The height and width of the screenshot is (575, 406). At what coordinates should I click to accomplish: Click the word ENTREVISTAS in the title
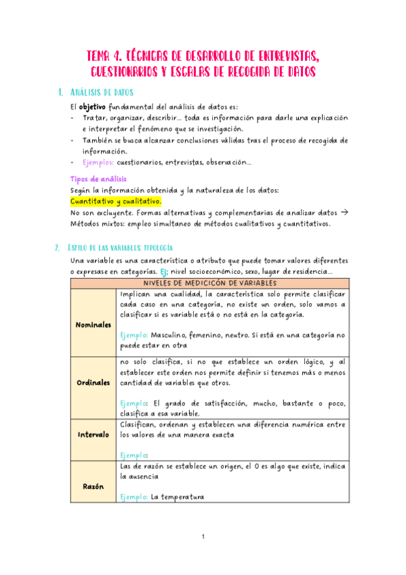[x=283, y=55]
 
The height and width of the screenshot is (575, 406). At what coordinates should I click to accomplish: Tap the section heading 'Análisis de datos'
[x=102, y=92]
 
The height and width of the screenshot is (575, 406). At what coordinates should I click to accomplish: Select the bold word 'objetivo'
[x=92, y=107]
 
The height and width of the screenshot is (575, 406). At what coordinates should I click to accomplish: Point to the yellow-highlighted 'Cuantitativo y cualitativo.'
[x=116, y=201]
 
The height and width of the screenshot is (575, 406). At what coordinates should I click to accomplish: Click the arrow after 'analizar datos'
[x=344, y=212]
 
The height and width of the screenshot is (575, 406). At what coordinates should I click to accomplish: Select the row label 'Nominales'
[x=93, y=324]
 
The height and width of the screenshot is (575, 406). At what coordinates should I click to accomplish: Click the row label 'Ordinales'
[x=93, y=382]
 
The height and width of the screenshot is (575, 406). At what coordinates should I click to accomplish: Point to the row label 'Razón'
[x=93, y=486]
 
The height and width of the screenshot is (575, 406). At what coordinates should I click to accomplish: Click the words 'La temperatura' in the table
[x=178, y=497]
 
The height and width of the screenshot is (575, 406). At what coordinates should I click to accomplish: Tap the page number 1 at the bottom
[x=203, y=538]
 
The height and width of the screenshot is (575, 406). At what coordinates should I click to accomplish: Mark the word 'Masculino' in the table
[x=173, y=335]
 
